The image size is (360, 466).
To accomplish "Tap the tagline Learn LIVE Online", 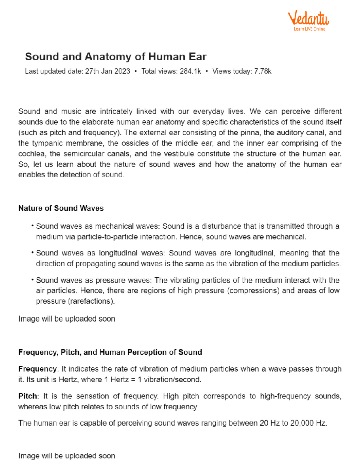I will pyautogui.click(x=309, y=29).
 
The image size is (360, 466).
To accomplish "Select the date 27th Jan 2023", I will pyautogui.click(x=107, y=71).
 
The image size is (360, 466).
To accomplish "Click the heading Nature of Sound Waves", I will pyautogui.click(x=61, y=208).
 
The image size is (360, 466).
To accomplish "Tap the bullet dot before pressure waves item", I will pyautogui.click(x=32, y=280).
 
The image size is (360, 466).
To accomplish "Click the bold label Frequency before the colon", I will pyautogui.click(x=37, y=369).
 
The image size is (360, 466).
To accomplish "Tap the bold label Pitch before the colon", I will pyautogui.click(x=27, y=396).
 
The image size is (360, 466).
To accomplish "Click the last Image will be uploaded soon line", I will pyautogui.click(x=67, y=456).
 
